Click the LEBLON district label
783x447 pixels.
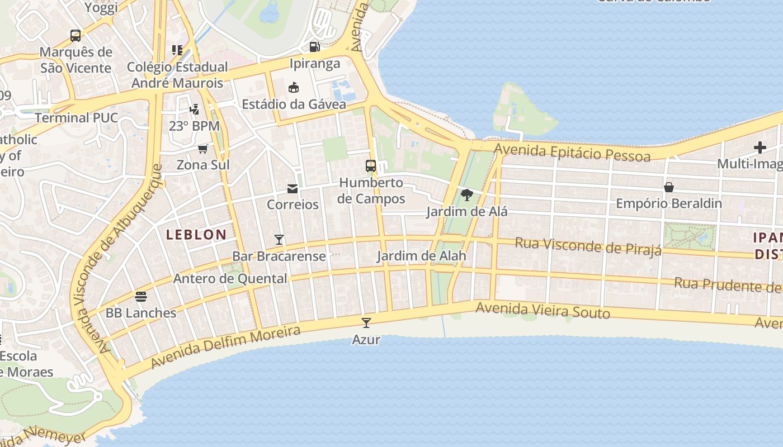(196, 235)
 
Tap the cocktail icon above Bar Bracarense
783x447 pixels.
(279, 240)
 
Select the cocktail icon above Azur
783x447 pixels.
(366, 322)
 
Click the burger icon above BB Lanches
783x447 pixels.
(141, 296)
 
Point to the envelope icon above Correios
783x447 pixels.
(293, 188)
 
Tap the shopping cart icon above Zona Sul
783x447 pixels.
(203, 149)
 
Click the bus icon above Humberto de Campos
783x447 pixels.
(371, 166)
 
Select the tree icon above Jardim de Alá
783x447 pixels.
(467, 195)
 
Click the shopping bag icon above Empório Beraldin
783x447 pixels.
(669, 187)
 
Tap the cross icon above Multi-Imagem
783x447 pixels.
(760, 148)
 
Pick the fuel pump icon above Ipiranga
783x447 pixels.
(315, 47)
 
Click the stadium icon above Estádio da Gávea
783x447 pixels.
(294, 88)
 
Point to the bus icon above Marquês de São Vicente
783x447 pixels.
(76, 36)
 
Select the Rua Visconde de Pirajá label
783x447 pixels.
(588, 246)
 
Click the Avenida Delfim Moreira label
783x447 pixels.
(226, 347)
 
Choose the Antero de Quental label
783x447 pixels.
(230, 278)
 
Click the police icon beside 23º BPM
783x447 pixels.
(194, 110)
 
